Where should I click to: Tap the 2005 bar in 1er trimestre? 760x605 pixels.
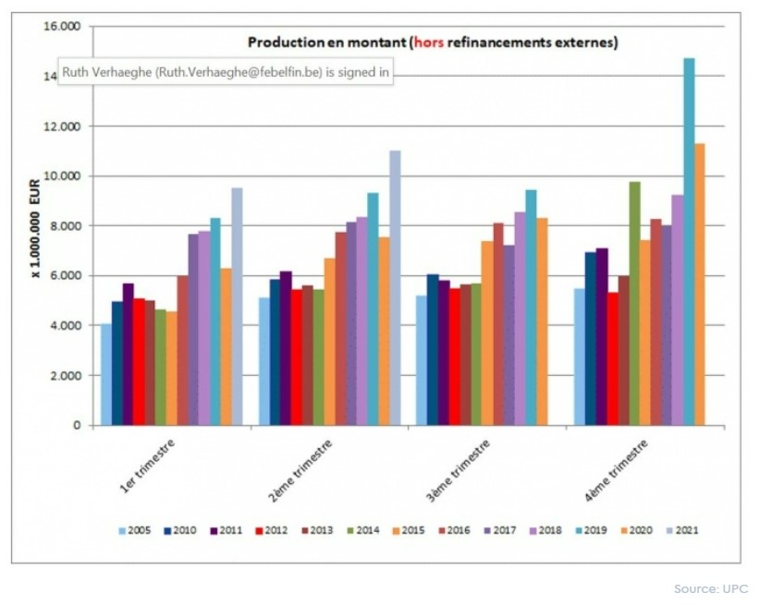point(106,374)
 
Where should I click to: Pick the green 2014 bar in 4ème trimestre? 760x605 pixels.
point(634,304)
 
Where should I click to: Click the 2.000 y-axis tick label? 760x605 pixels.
point(66,376)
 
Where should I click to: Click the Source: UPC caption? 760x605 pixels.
point(710,588)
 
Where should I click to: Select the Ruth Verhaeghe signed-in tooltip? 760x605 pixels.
point(227,73)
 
